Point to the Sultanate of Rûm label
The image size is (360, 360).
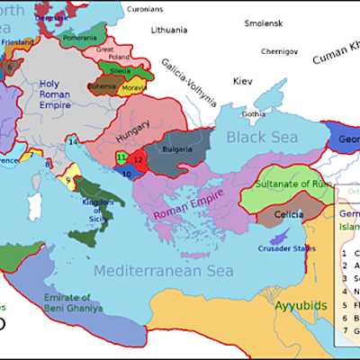(295, 184)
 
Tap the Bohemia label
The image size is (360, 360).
(101, 87)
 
